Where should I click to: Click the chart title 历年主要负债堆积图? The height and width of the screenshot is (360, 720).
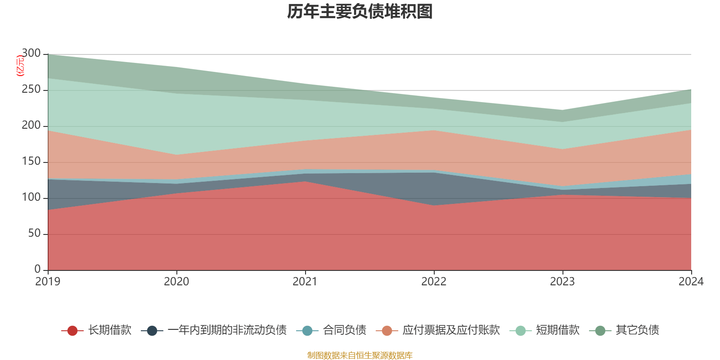[x=360, y=12]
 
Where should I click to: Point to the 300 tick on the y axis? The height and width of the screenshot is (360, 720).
[x=31, y=54]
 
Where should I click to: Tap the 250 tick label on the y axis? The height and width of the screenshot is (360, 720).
[x=31, y=90]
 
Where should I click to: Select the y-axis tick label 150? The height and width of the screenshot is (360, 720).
[x=31, y=162]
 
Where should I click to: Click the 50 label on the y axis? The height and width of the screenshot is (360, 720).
[x=34, y=234]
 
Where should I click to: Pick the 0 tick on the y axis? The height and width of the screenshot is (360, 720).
[x=37, y=269]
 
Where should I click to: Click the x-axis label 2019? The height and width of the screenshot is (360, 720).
[x=48, y=282]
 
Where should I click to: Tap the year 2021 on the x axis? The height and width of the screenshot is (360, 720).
[x=305, y=282]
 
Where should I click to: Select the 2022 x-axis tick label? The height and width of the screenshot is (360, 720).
[x=434, y=282]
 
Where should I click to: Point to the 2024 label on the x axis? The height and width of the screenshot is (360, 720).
[x=691, y=282]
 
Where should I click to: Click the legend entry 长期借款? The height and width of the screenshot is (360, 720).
[x=109, y=330]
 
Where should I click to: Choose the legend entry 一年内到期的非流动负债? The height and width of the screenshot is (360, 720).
[x=227, y=330]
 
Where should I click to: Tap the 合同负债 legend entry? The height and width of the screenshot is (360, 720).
[x=344, y=330]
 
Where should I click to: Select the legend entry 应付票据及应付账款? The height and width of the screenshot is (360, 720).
[x=451, y=330]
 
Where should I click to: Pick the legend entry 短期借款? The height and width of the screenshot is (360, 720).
[x=558, y=330]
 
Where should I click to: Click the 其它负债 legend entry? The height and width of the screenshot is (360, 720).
[x=637, y=330]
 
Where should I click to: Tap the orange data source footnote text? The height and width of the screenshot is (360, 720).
[x=360, y=355]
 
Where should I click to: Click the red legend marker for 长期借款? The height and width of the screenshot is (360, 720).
[x=72, y=331]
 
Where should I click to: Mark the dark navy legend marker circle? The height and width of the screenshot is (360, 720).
[x=152, y=331]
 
